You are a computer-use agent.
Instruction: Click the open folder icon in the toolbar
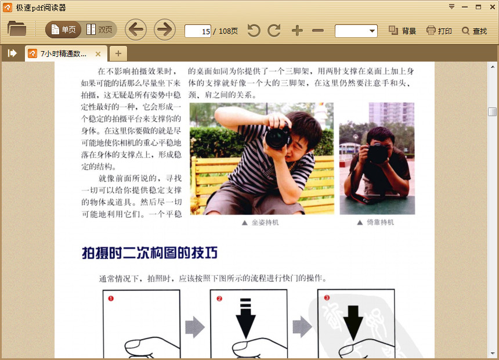[x=17, y=28]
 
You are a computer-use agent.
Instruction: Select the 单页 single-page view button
[x=63, y=30]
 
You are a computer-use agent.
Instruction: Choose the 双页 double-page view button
[x=99, y=30]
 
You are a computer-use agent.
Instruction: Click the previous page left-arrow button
[x=136, y=30]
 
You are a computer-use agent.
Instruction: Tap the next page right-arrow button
[x=165, y=30]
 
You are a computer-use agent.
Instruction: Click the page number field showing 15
[x=198, y=31]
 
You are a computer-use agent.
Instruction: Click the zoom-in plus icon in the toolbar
[x=297, y=31]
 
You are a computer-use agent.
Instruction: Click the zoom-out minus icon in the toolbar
[x=318, y=31]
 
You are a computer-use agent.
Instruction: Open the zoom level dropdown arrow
[x=372, y=31]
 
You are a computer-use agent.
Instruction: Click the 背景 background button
[x=402, y=31]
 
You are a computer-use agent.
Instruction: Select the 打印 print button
[x=439, y=31]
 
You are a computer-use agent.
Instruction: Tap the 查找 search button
[x=475, y=31]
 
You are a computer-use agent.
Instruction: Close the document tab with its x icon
[x=98, y=54]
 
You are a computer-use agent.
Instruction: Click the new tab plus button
[x=118, y=53]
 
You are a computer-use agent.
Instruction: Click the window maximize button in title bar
[x=478, y=7]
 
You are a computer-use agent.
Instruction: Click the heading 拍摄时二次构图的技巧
[x=150, y=253]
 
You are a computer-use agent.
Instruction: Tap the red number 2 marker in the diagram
[x=219, y=298]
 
